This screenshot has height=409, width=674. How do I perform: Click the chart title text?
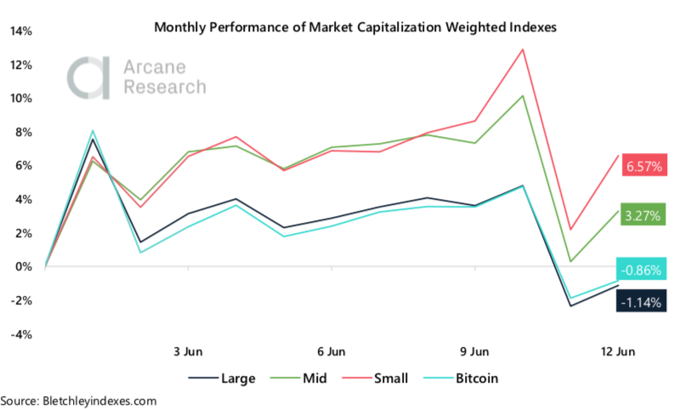click(355, 27)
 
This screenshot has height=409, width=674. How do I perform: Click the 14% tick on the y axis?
click(20, 31)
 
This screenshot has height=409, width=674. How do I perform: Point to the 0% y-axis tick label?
click(24, 267)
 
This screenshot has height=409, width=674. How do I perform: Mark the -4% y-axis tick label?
click(20, 334)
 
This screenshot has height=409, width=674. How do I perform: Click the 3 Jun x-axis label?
click(188, 350)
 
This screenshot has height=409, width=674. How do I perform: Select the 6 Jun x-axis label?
click(331, 350)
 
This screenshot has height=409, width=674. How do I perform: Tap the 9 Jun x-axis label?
click(473, 350)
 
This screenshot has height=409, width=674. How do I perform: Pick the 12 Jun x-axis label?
click(616, 350)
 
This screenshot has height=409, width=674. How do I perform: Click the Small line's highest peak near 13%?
click(522, 49)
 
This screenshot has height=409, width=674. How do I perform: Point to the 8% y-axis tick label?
click(24, 133)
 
